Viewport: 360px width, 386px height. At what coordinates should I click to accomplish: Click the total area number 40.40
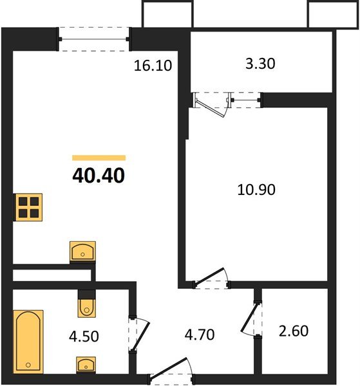tap(99, 175)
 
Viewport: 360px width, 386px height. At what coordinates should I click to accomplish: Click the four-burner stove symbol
tap(28, 207)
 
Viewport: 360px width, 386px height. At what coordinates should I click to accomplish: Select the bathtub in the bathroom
tap(28, 340)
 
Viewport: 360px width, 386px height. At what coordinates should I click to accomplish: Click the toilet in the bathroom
tap(86, 305)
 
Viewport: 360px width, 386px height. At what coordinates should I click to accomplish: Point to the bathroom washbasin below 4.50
tap(86, 365)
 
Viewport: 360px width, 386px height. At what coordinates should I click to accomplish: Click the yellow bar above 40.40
tap(99, 157)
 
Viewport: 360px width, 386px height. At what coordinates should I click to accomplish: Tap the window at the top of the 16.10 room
tap(95, 35)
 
